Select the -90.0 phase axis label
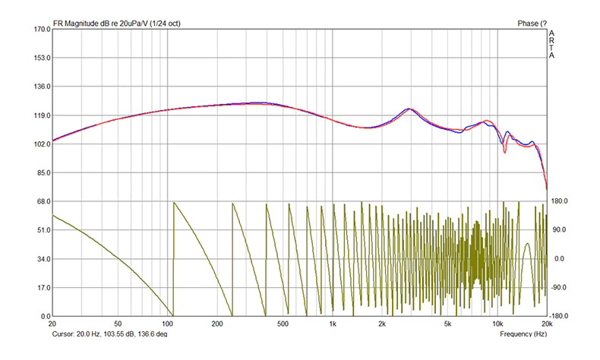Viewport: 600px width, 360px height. [x=560, y=288]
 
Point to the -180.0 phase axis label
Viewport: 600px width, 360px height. [x=561, y=317]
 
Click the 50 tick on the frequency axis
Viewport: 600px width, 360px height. [x=117, y=324]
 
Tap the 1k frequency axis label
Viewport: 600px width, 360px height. [x=333, y=324]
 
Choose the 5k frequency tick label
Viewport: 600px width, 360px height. [x=447, y=324]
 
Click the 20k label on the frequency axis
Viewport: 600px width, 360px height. [x=545, y=324]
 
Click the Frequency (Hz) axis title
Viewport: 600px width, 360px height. [x=523, y=334]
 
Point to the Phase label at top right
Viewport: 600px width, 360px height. [x=532, y=23]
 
